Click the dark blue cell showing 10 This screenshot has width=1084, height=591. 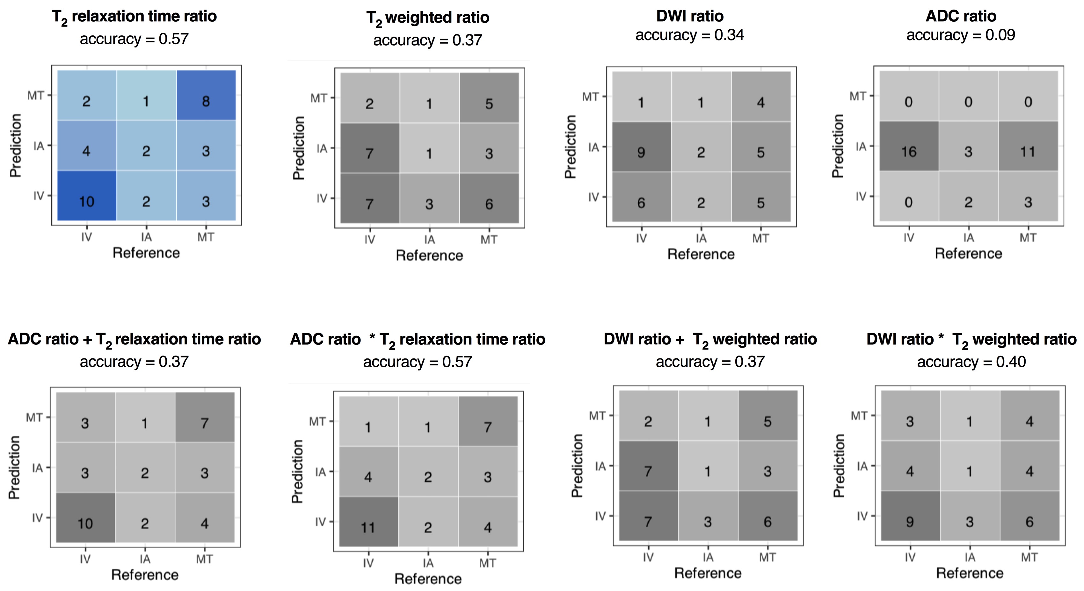(x=87, y=196)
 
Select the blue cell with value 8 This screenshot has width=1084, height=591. (x=206, y=96)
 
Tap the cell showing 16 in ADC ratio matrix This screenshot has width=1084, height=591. (x=909, y=146)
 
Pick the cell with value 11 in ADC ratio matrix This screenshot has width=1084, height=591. (x=1028, y=146)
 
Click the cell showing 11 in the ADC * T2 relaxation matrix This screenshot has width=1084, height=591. (x=368, y=522)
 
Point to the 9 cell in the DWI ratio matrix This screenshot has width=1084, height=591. (x=641, y=147)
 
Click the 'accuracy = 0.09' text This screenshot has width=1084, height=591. (x=961, y=35)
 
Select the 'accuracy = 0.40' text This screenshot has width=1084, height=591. (x=971, y=362)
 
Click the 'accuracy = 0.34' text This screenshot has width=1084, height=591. (x=690, y=35)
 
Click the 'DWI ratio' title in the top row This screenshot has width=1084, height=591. (x=690, y=16)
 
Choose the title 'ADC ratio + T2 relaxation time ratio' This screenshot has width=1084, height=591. (x=134, y=339)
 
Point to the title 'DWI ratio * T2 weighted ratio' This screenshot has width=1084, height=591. (x=971, y=339)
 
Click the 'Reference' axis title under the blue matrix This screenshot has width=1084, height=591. (x=146, y=253)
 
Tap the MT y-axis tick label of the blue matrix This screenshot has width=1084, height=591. (x=35, y=96)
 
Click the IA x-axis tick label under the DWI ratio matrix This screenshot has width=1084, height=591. (x=701, y=239)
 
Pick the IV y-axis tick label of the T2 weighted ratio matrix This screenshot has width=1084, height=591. (x=322, y=198)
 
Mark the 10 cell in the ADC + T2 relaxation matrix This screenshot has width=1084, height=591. (x=85, y=517)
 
